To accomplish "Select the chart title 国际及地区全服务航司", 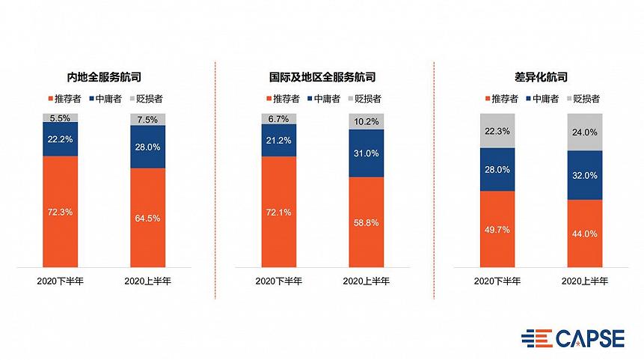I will pos(322,77).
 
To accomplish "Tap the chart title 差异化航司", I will pos(542,77).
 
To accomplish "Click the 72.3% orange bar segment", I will pos(60,212).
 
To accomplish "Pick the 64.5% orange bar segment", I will pos(147,218).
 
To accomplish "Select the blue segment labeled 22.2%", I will pos(60,139).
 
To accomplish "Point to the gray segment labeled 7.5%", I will pos(147,119).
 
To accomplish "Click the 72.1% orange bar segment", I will pos(278,212).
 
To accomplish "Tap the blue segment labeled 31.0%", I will pos(366,153).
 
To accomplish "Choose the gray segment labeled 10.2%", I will pos(366,121).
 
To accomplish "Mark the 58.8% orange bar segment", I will pos(366,222).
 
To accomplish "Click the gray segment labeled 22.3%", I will pos(497,131).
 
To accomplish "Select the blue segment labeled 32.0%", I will pos(585,175).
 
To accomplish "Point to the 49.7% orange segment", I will pos(497,229).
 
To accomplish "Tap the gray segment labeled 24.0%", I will pos(585,132).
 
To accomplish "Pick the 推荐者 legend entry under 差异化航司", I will pos(505,98).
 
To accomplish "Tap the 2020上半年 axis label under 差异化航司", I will pos(585,281).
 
